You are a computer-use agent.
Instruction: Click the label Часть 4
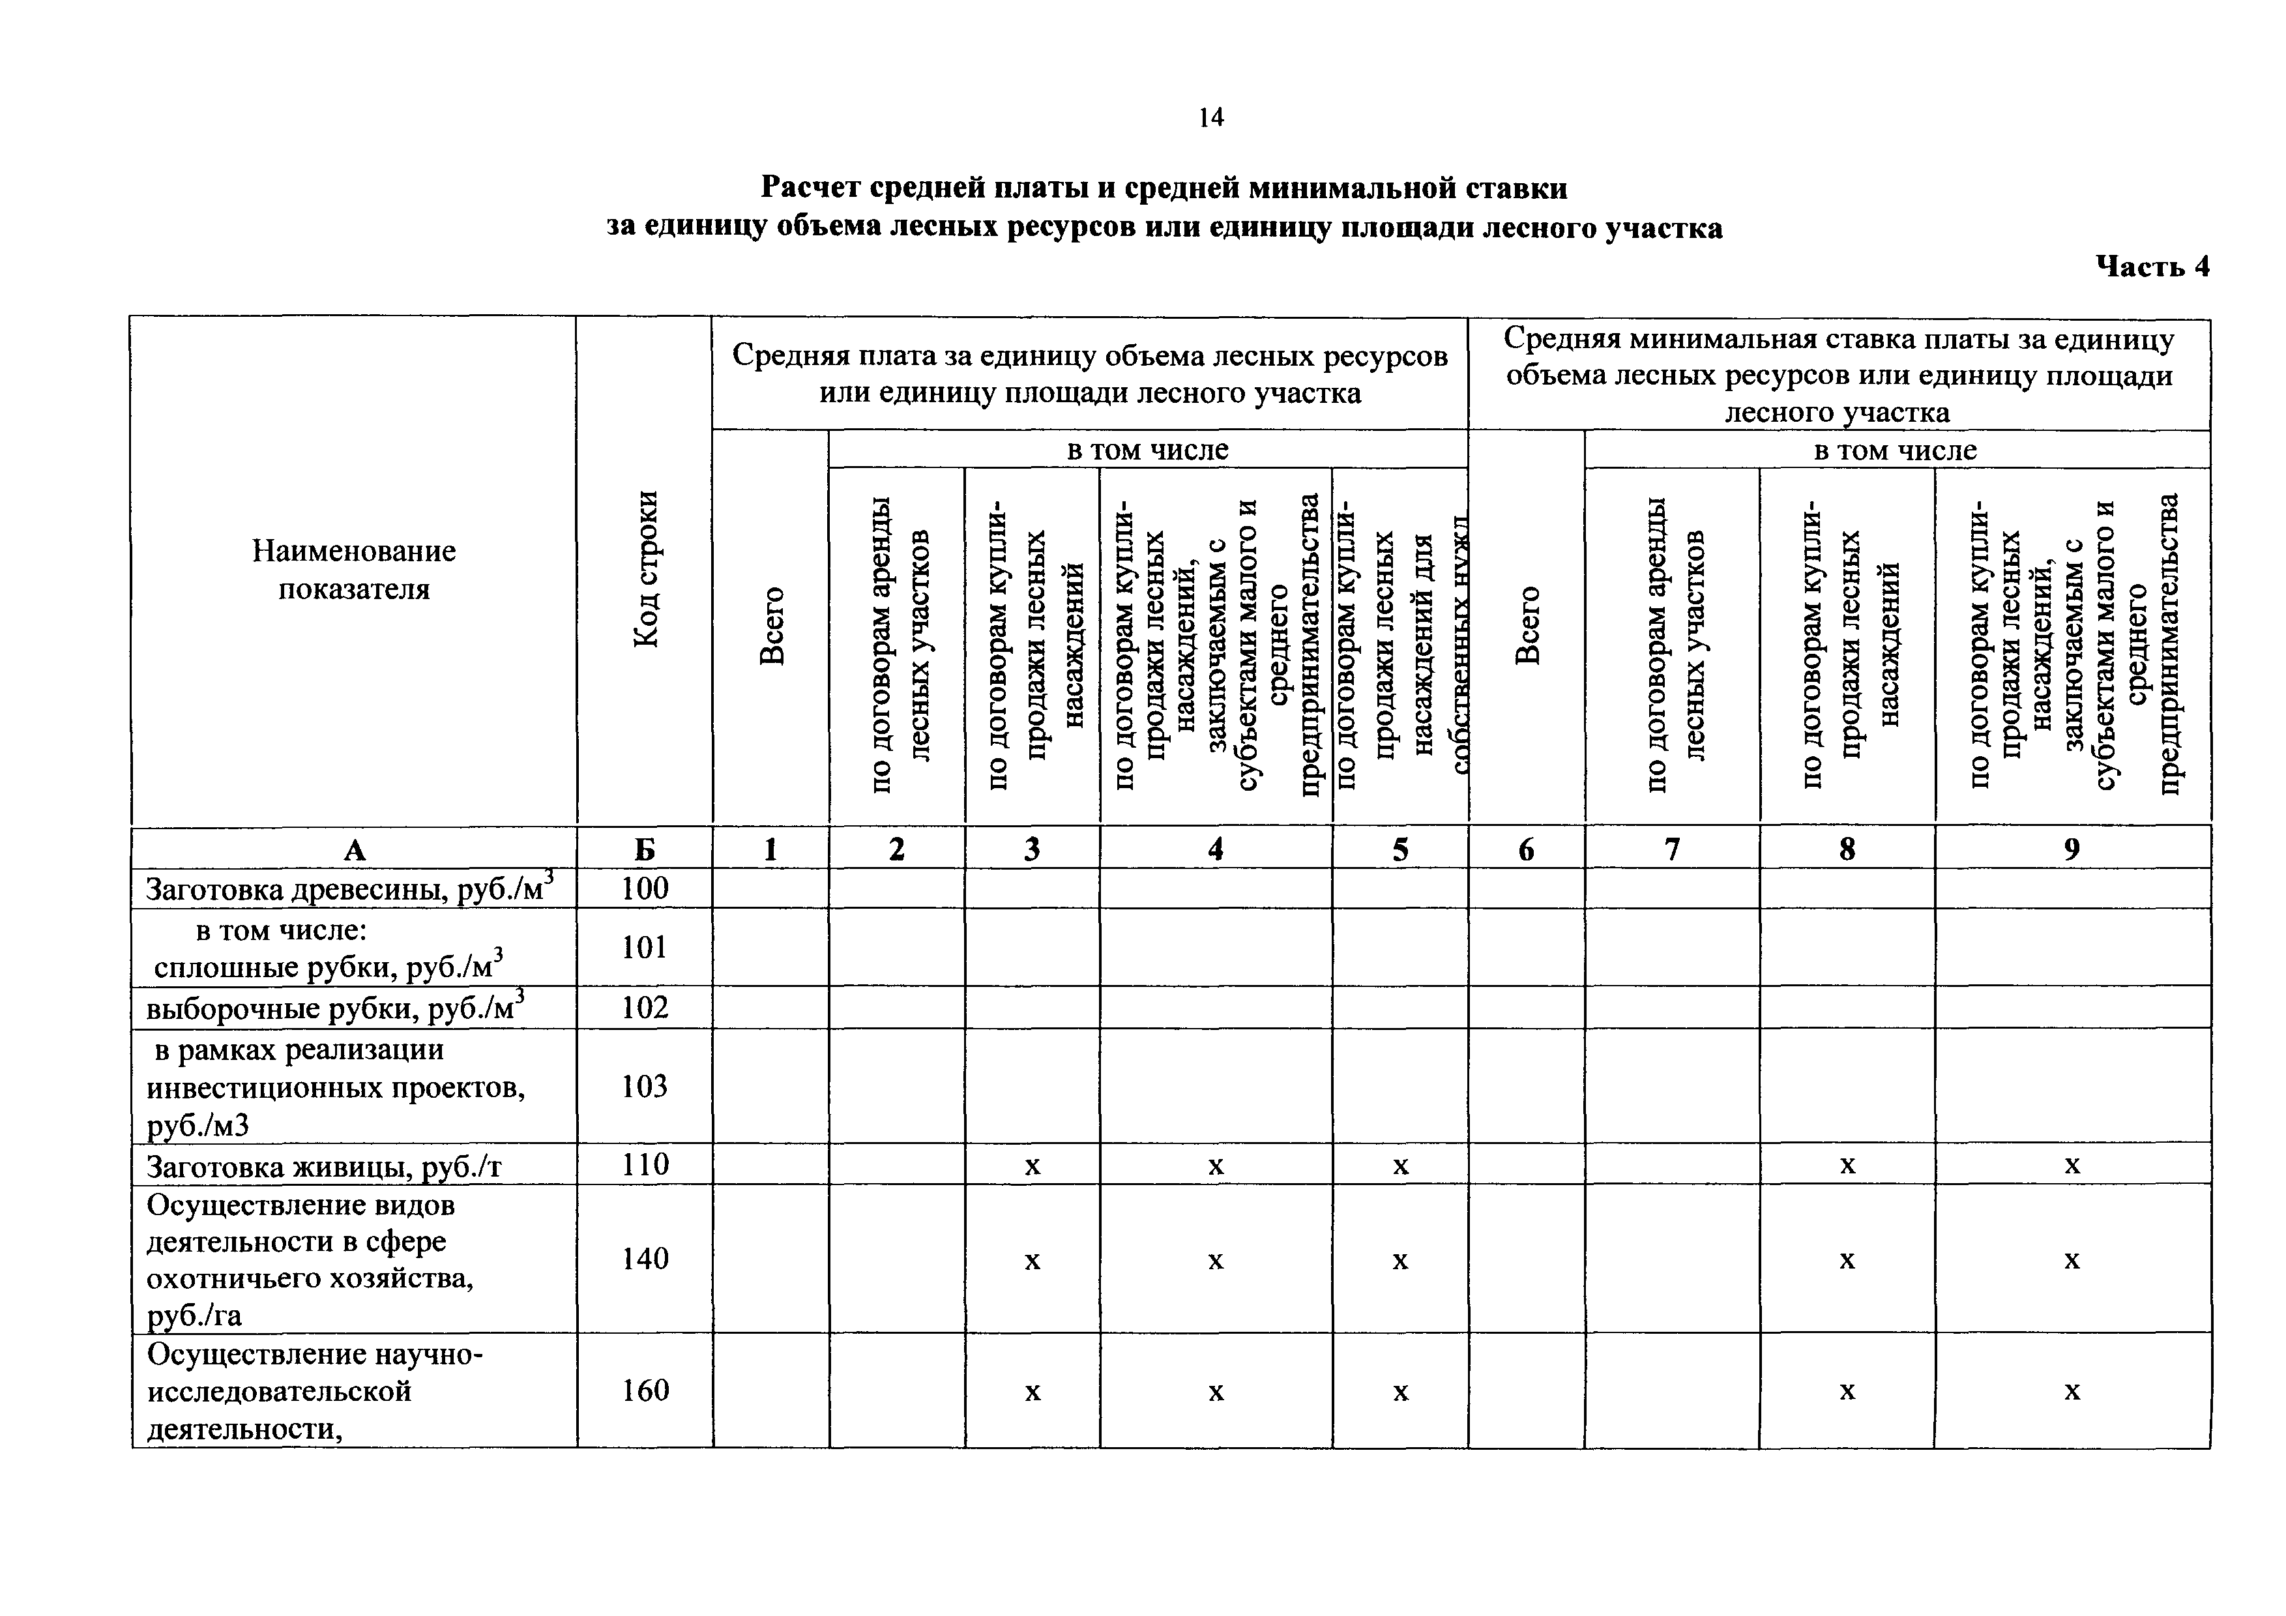coord(2152,266)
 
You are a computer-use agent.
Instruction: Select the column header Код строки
coord(645,570)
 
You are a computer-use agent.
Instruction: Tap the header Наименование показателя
coord(353,570)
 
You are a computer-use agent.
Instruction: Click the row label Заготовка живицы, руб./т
coord(323,1165)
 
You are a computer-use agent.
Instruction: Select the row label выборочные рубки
coord(334,1008)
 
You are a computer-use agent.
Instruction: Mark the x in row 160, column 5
coord(1400,1392)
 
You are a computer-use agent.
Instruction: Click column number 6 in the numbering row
coord(1527,849)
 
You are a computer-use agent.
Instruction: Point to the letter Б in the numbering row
coord(645,849)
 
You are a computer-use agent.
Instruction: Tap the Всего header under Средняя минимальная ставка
coord(1527,625)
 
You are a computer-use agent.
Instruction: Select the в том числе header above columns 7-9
coord(1896,450)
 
